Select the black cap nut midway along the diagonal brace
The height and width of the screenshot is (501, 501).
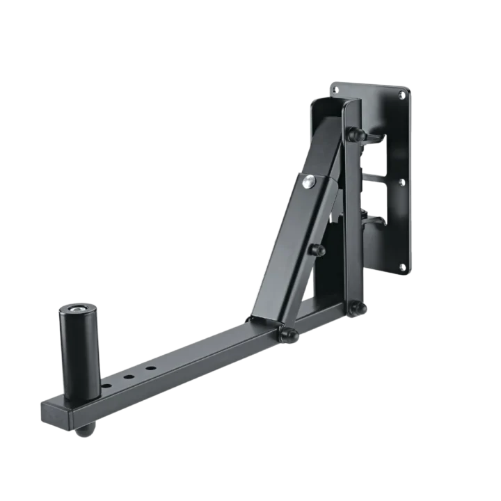click(318, 250)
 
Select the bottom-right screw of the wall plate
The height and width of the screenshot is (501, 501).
click(403, 267)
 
